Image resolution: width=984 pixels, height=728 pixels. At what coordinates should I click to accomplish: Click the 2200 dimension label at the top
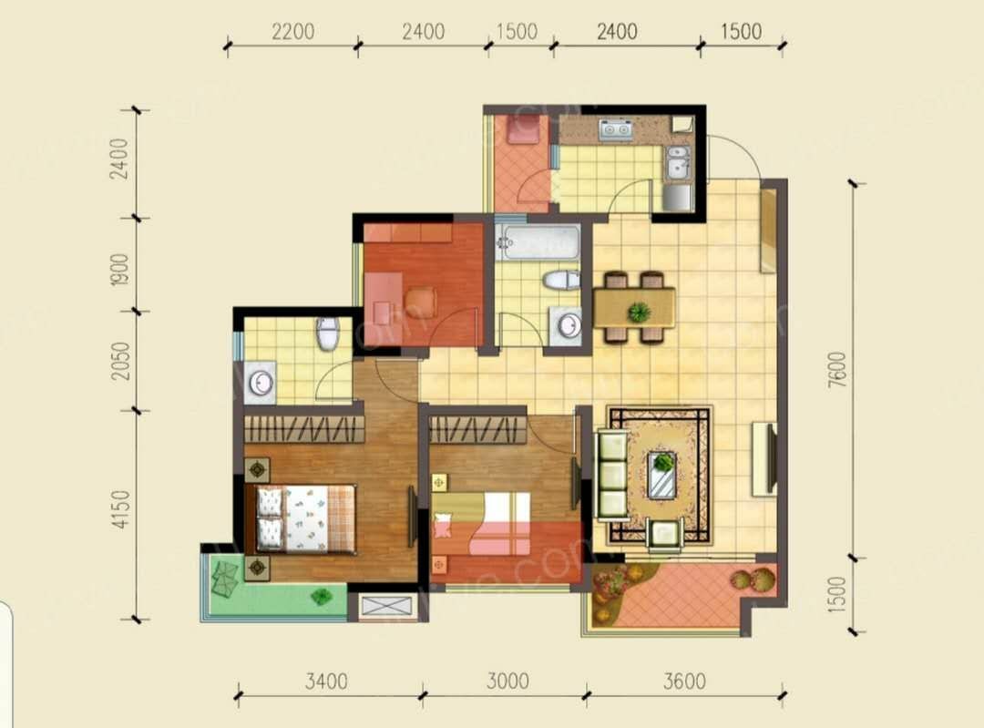(293, 31)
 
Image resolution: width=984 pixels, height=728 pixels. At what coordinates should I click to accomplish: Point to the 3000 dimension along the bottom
(507, 681)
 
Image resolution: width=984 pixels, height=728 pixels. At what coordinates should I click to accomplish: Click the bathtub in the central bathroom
(538, 243)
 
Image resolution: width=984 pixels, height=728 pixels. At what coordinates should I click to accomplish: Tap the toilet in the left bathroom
(328, 333)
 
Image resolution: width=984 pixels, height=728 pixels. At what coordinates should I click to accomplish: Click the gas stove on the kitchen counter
(616, 129)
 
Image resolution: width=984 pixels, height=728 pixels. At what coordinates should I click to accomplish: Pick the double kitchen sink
(679, 162)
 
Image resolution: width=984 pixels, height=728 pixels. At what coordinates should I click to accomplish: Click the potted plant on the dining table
(640, 312)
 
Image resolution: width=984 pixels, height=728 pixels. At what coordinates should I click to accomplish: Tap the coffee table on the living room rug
(662, 475)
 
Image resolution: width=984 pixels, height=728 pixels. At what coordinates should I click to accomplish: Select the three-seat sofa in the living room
(611, 475)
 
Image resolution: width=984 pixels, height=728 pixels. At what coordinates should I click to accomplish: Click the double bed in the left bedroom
(305, 518)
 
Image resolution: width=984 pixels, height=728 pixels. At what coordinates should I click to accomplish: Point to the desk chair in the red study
(420, 302)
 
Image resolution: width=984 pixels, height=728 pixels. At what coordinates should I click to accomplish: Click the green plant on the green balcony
(322, 596)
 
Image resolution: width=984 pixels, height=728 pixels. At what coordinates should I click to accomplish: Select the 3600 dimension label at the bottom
(684, 681)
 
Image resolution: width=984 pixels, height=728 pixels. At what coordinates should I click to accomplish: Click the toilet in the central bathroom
(562, 280)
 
